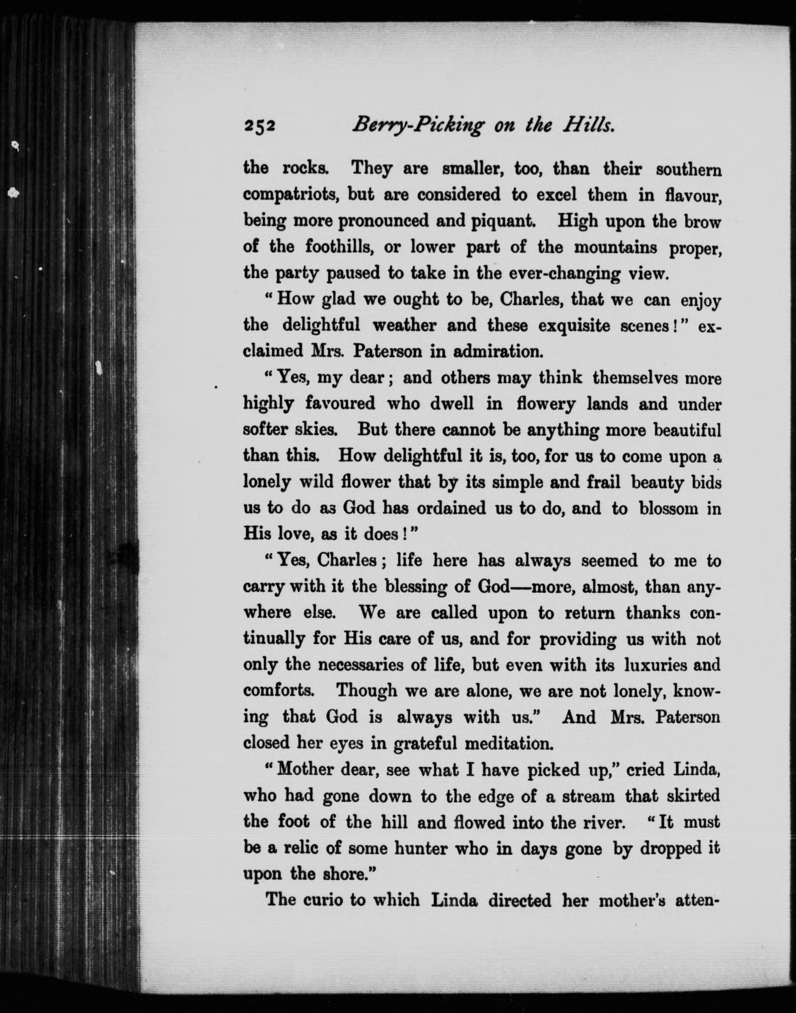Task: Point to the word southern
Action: click(x=689, y=170)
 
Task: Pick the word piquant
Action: click(x=502, y=221)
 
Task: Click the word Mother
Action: click(x=304, y=768)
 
